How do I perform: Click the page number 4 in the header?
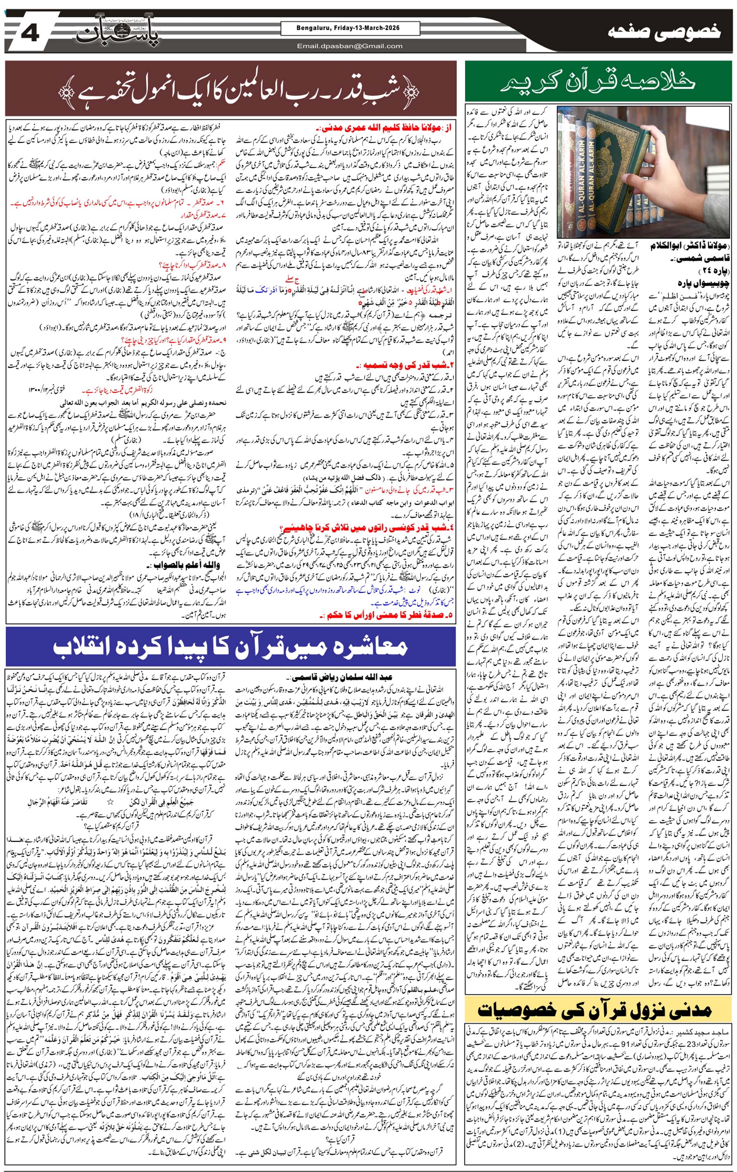pyautogui.click(x=30, y=33)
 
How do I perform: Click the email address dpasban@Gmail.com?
pyautogui.click(x=350, y=46)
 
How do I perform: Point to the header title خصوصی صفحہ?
pyautogui.click(x=665, y=33)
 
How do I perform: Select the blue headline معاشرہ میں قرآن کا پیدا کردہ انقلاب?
pyautogui.click(x=230, y=647)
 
